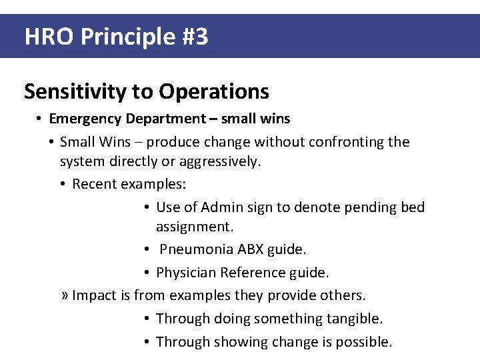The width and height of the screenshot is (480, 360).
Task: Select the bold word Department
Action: point(161,119)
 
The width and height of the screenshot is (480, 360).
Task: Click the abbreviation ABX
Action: point(250,250)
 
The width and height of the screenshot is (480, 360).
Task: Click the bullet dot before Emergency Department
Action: point(40,119)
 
